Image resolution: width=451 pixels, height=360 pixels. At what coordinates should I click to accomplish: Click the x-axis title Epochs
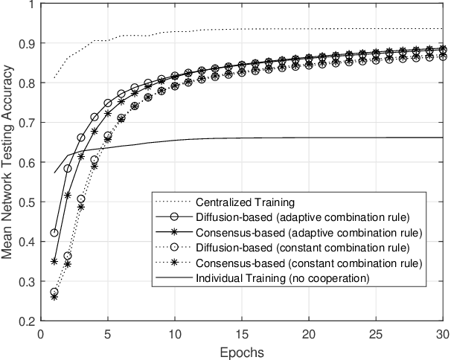[242, 350]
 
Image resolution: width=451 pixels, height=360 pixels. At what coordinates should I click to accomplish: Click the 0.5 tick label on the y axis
[27, 202]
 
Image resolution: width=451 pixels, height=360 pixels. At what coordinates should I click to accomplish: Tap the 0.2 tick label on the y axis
[27, 321]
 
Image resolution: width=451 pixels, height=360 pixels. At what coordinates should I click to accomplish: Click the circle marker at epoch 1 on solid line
[54, 233]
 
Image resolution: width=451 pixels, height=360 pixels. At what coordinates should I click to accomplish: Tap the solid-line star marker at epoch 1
[54, 261]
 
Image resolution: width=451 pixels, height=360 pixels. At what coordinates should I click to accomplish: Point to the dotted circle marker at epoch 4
[95, 160]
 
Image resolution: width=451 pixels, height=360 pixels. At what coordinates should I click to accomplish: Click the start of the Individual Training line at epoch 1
[54, 173]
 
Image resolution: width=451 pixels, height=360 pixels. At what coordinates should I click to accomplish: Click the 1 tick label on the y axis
[31, 4]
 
